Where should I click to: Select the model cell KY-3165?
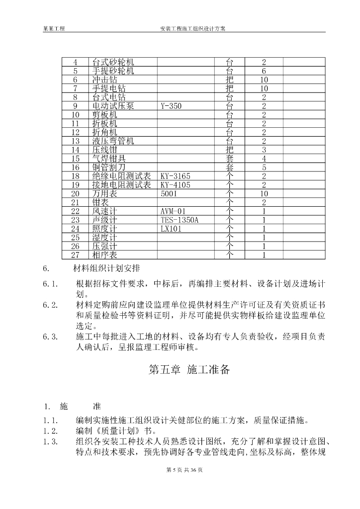coord(176,176)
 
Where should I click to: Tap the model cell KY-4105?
coord(176,185)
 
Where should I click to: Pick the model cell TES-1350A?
coord(180,220)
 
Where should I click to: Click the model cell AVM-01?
coord(173,211)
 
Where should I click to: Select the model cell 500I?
coord(169,193)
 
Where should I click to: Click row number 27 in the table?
coord(76,255)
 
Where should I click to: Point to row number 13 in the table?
coord(76,141)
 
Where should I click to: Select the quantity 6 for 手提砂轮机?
coord(264,71)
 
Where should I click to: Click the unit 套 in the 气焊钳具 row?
coord(229,159)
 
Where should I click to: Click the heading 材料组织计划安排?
coord(106,269)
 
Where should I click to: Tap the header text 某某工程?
coord(54,29)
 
